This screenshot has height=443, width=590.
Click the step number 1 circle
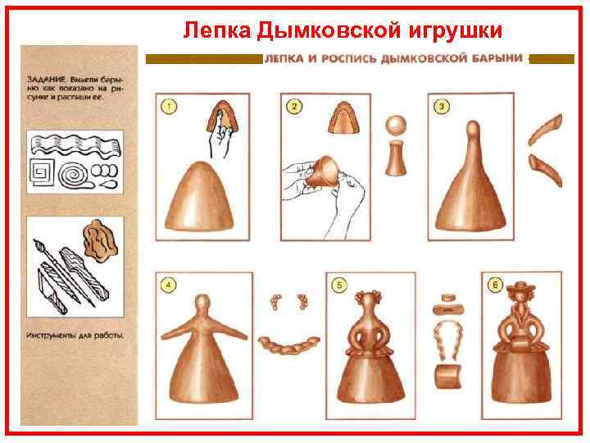click(169, 107)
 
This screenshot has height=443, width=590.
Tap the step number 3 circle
click(441, 107)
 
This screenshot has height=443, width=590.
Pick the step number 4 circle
click(169, 285)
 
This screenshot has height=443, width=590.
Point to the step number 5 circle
click(338, 285)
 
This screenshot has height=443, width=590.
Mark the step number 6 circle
click(494, 285)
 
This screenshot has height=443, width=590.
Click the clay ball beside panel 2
click(397, 126)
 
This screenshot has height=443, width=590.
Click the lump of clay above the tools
click(101, 238)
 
